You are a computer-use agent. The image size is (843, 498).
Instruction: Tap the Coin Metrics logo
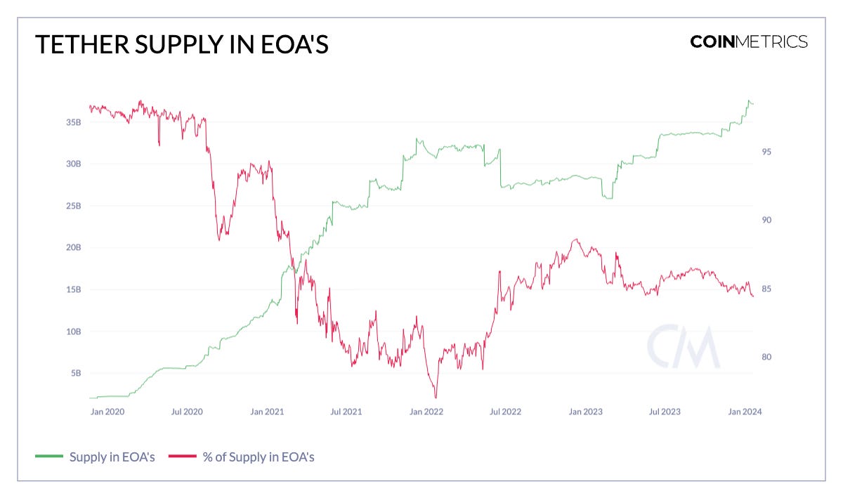(x=748, y=41)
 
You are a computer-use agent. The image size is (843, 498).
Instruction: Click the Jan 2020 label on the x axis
(x=107, y=412)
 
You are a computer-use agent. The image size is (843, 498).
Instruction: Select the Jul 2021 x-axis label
(x=345, y=412)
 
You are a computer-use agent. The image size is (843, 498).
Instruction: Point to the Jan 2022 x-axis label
(x=426, y=412)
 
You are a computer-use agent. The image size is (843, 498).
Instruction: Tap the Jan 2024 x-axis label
(x=744, y=412)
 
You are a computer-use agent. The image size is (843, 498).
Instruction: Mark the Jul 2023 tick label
(x=663, y=412)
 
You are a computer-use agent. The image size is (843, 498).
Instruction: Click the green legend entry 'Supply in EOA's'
(x=95, y=457)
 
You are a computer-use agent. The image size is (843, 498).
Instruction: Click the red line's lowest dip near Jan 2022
(x=436, y=397)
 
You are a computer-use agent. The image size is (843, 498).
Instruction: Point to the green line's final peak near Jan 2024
(x=749, y=100)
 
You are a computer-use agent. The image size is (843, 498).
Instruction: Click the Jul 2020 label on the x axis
(x=186, y=412)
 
